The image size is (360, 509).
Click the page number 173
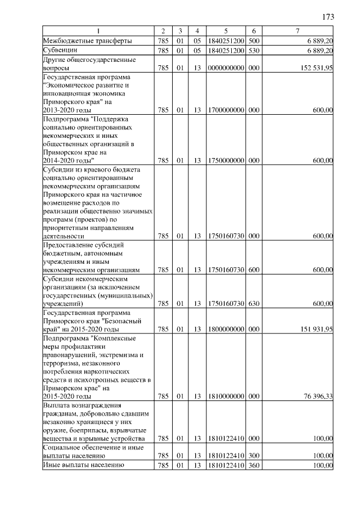pos(328,17)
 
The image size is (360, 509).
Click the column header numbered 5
pos(225,30)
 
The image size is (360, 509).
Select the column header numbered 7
pos(298,30)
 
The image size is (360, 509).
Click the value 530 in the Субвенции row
pos(254,51)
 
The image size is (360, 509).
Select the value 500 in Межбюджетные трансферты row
pos(254,41)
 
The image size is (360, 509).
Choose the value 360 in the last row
pos(254,465)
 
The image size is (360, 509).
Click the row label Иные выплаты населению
pos(82,465)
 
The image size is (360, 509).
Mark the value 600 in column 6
pos(254,270)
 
